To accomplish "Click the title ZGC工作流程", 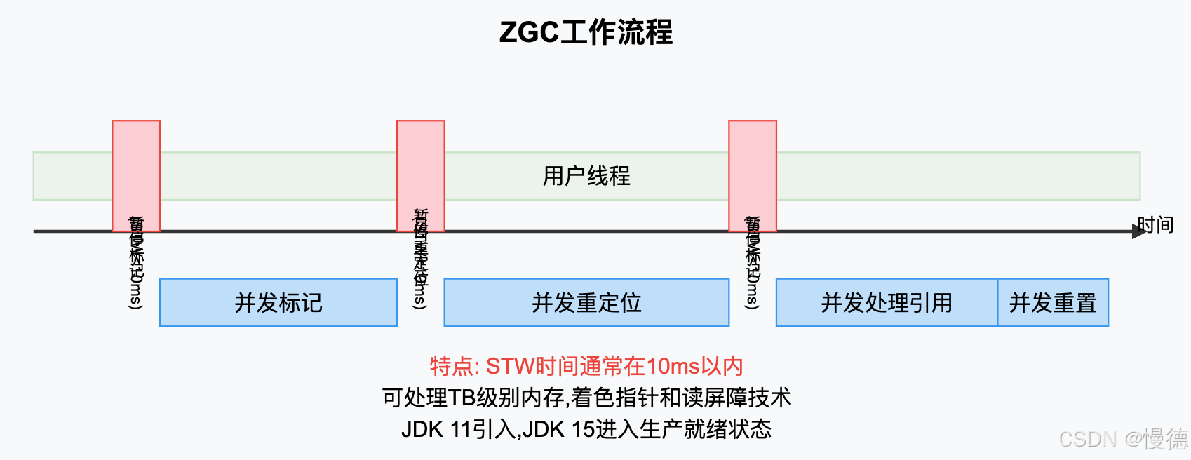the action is click(586, 32).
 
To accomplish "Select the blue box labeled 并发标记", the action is click(278, 303).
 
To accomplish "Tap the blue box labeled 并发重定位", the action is click(586, 303).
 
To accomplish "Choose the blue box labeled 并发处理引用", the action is click(887, 303).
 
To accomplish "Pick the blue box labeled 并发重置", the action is click(1053, 303).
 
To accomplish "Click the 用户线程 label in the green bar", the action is click(586, 176).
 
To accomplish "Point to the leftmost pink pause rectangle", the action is click(136, 168).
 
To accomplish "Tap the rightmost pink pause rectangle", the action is click(753, 168).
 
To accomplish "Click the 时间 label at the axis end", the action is click(1155, 224).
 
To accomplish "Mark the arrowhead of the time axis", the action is click(1138, 231).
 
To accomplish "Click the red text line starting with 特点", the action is click(586, 366).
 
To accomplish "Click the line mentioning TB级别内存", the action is click(586, 398).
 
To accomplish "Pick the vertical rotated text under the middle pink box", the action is click(420, 259).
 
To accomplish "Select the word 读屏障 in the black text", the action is click(714, 398).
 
